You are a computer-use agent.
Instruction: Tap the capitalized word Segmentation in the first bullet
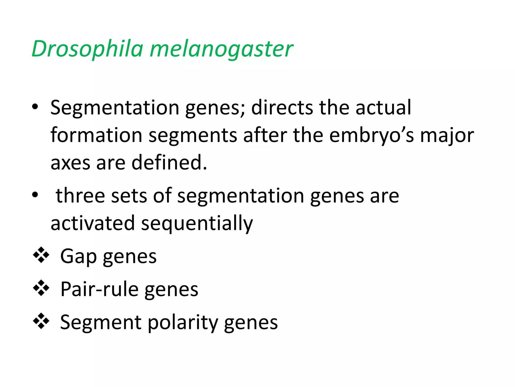point(115,108)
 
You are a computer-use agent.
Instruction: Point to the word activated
point(93,223)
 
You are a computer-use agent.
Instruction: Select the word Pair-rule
point(99,289)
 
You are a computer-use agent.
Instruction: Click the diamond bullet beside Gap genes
point(41,255)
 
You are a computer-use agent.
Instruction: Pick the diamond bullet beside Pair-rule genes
point(41,288)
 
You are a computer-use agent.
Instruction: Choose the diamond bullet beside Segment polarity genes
point(41,321)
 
